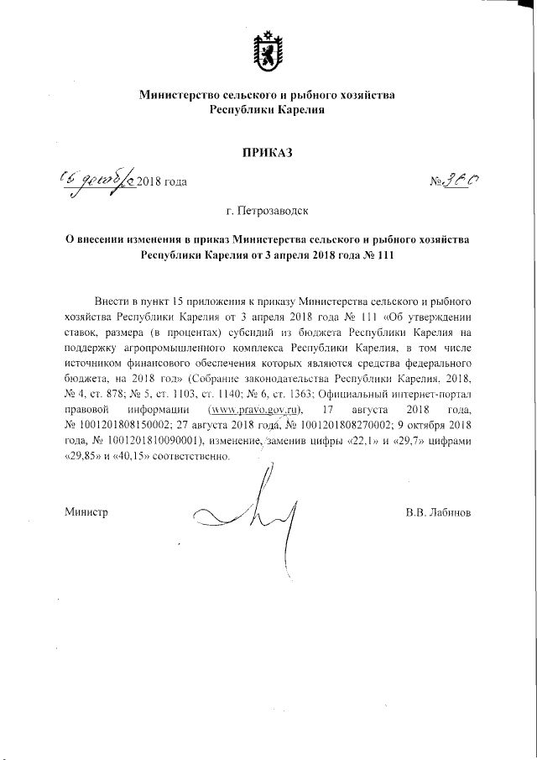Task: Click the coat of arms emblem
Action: click(x=267, y=50)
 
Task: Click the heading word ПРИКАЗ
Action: click(x=267, y=152)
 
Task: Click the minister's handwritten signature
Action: click(x=252, y=512)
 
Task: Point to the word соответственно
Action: click(x=190, y=458)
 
